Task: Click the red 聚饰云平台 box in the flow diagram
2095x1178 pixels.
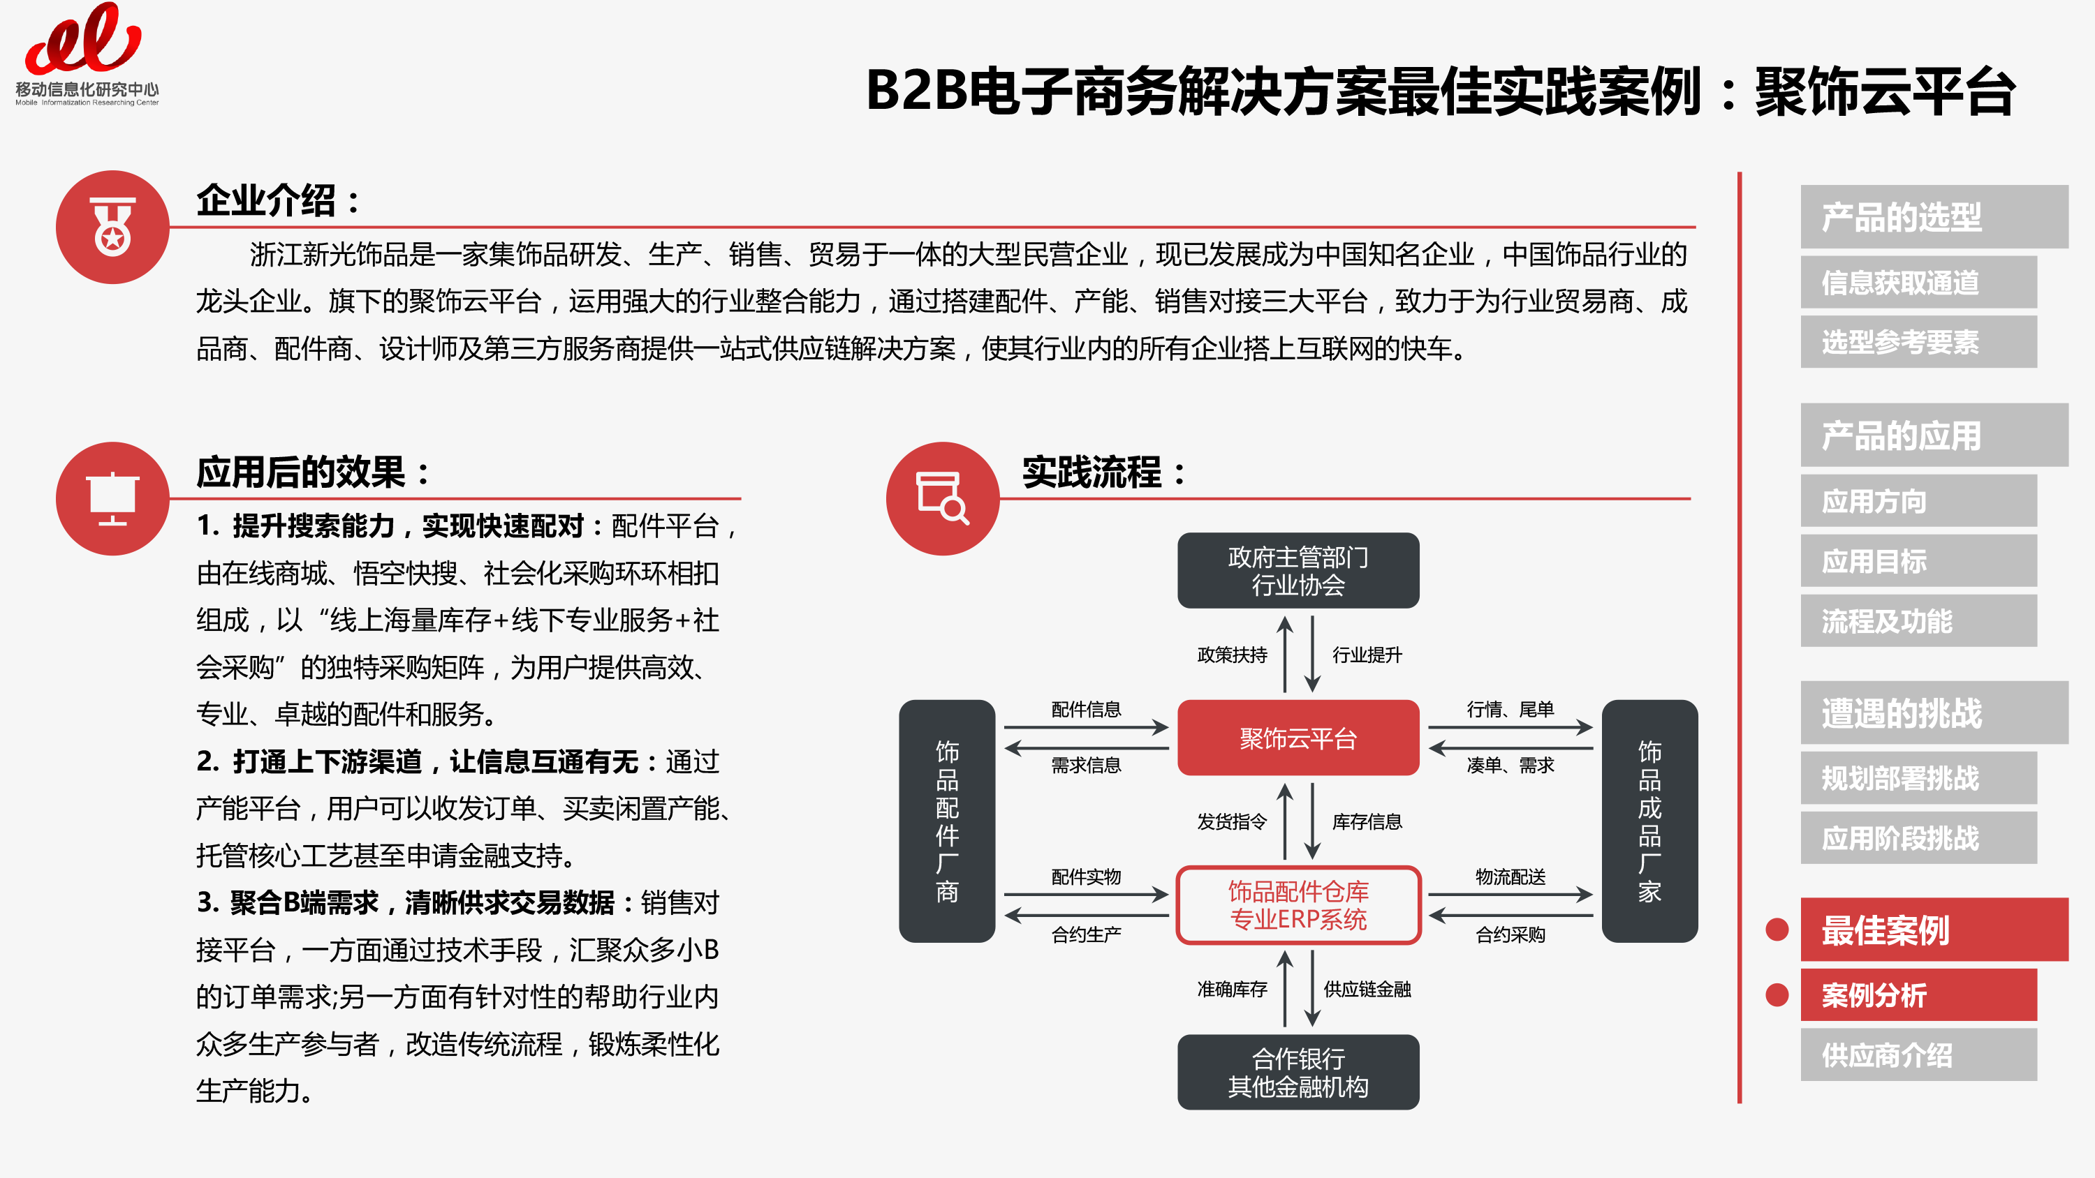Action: coord(1298,738)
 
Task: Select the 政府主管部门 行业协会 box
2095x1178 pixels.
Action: coord(1298,571)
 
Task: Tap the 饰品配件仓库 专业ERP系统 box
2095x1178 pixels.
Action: coord(1298,905)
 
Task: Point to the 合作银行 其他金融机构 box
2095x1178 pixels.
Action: coord(1298,1071)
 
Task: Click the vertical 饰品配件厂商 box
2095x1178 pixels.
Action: coord(947,821)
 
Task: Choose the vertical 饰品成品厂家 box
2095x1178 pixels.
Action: coord(1649,821)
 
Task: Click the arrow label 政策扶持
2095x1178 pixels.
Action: coord(1232,655)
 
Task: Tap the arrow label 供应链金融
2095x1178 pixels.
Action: coord(1367,989)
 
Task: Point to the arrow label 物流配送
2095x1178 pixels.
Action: coord(1510,877)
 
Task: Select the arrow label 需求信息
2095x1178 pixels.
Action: coord(1086,765)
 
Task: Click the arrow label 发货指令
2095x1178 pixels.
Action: coord(1232,821)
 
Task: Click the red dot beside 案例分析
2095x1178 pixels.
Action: coord(1777,994)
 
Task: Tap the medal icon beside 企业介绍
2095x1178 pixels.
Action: coord(113,227)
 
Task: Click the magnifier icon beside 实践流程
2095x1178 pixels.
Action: coord(943,498)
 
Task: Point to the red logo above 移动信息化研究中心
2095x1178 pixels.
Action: coord(84,38)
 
